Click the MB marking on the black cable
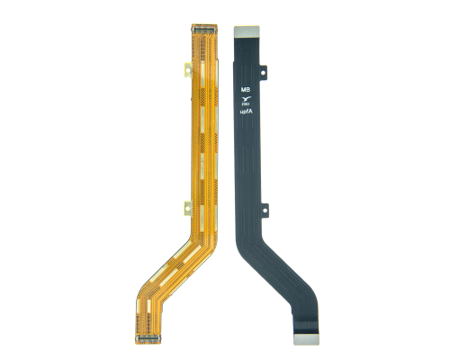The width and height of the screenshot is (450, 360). click(x=245, y=90)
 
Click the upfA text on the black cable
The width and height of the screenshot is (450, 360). click(x=245, y=115)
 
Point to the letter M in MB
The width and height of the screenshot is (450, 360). click(x=242, y=90)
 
